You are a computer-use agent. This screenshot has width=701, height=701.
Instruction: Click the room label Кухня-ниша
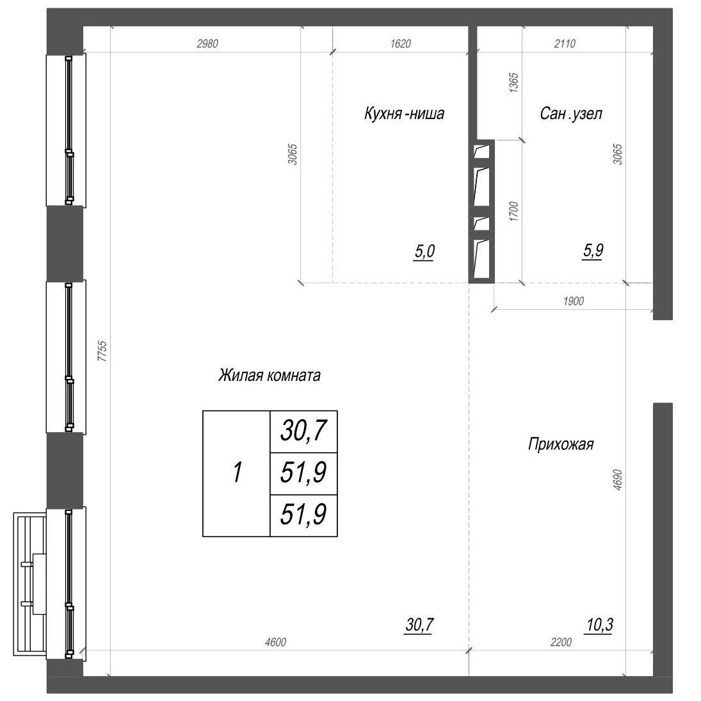403,114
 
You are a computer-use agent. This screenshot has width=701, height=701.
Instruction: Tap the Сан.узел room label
571,114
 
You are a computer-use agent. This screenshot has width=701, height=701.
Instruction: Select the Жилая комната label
269,375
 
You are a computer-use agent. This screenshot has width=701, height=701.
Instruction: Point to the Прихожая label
561,444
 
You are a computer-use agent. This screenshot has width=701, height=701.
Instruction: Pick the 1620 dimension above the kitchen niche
399,44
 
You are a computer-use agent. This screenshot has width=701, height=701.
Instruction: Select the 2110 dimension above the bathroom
565,44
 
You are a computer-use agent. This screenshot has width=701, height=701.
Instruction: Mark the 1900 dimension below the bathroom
574,301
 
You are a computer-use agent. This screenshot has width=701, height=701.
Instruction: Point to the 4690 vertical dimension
617,477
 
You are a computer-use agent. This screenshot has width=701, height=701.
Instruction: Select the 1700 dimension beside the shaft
513,212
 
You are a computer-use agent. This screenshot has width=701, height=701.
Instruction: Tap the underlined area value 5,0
424,252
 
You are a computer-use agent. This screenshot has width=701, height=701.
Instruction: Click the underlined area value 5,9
592,252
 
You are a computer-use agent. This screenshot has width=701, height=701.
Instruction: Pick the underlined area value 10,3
599,624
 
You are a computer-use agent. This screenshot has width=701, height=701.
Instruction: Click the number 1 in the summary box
237,473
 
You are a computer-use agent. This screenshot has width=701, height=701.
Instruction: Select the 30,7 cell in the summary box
303,431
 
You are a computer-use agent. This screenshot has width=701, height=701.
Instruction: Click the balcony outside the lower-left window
29,583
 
